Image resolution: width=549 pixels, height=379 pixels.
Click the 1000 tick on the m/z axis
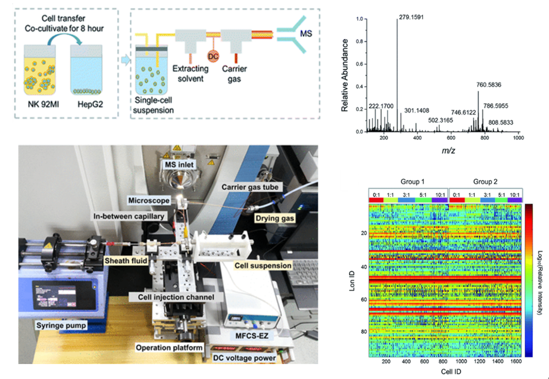click(518, 139)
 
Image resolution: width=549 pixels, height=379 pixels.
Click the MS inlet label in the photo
click(178, 164)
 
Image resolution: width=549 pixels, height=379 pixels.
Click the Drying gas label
click(273, 219)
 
